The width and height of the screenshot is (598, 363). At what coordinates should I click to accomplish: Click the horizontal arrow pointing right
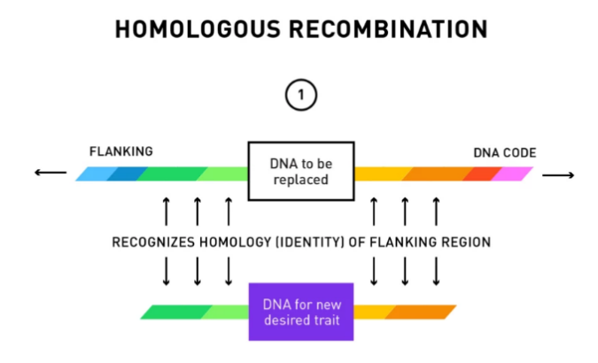click(558, 174)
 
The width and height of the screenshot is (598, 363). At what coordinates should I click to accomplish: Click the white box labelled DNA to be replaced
click(299, 171)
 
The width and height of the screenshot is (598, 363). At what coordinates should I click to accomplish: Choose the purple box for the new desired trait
click(300, 312)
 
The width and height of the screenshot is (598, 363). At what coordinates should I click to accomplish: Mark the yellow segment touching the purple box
click(371, 312)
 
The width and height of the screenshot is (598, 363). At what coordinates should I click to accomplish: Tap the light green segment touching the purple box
click(228, 312)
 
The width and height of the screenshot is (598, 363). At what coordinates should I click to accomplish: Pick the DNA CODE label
click(504, 152)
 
